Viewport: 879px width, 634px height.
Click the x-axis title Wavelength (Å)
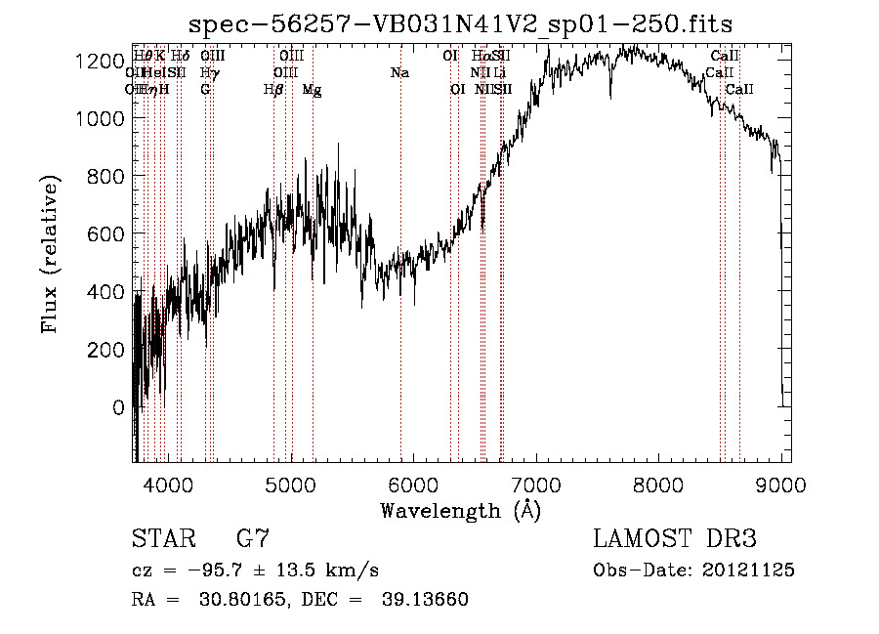click(x=460, y=510)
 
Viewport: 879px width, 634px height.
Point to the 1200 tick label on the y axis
click(x=101, y=61)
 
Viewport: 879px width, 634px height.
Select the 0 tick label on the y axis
click(x=118, y=407)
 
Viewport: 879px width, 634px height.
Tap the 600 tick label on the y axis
click(x=106, y=234)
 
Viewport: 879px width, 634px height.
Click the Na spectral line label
click(x=399, y=72)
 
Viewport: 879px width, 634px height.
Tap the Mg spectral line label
click(x=312, y=90)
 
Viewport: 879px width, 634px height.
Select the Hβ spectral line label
click(x=273, y=90)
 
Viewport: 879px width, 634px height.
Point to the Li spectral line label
click(x=499, y=72)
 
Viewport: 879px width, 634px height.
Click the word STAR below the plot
click(x=161, y=539)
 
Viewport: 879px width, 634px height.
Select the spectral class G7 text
click(x=253, y=539)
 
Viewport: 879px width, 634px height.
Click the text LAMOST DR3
click(x=675, y=539)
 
